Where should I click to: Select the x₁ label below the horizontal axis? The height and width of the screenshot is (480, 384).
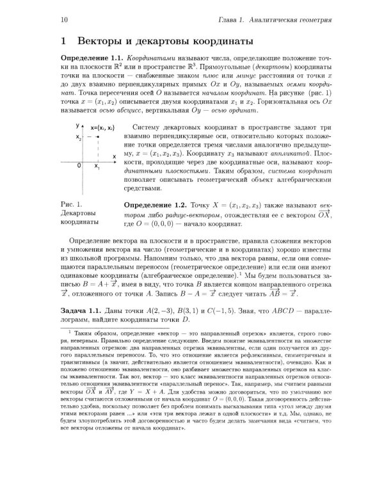point(97,167)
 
